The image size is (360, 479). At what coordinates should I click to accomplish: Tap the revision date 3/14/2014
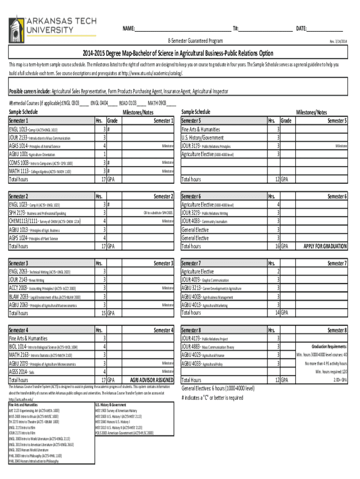[338, 41]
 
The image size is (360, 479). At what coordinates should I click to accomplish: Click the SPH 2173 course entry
[34, 213]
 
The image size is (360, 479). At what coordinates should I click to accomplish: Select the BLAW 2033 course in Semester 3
[44, 297]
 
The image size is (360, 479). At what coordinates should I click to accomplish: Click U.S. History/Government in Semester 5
[202, 138]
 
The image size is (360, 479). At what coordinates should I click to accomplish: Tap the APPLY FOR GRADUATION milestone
[325, 246]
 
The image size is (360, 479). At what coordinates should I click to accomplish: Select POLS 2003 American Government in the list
[124, 433]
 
